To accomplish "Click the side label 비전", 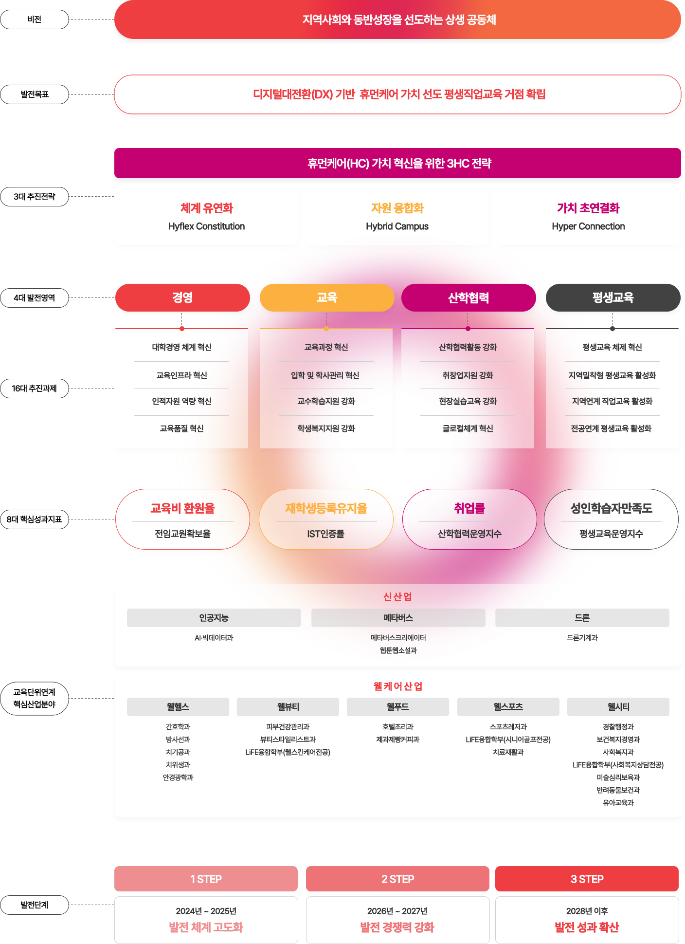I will pyautogui.click(x=35, y=19).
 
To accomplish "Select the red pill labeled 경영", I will pyautogui.click(x=182, y=297).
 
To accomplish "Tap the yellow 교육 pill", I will pyautogui.click(x=327, y=297).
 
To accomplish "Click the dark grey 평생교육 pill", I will pyautogui.click(x=613, y=297).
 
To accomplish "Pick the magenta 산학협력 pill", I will pyautogui.click(x=469, y=298).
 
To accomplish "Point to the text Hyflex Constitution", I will pyautogui.click(x=206, y=226).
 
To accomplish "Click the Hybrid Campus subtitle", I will pyautogui.click(x=397, y=226).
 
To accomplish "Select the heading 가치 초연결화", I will pyautogui.click(x=588, y=208).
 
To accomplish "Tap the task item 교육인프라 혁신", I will pyautogui.click(x=181, y=375).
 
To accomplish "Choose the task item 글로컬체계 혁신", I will pyautogui.click(x=468, y=428).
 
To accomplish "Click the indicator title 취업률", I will pyautogui.click(x=469, y=508).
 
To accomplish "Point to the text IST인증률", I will pyautogui.click(x=326, y=534).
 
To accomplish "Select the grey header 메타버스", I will pyautogui.click(x=398, y=618).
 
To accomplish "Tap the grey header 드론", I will pyautogui.click(x=582, y=618).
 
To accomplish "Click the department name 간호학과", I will pyautogui.click(x=178, y=727).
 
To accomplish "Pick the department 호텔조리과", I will pyautogui.click(x=398, y=727).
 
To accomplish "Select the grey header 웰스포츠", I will pyautogui.click(x=508, y=707).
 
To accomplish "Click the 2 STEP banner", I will pyautogui.click(x=397, y=879).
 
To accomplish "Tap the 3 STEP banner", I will pyautogui.click(x=587, y=879).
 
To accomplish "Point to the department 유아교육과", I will pyautogui.click(x=618, y=803).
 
